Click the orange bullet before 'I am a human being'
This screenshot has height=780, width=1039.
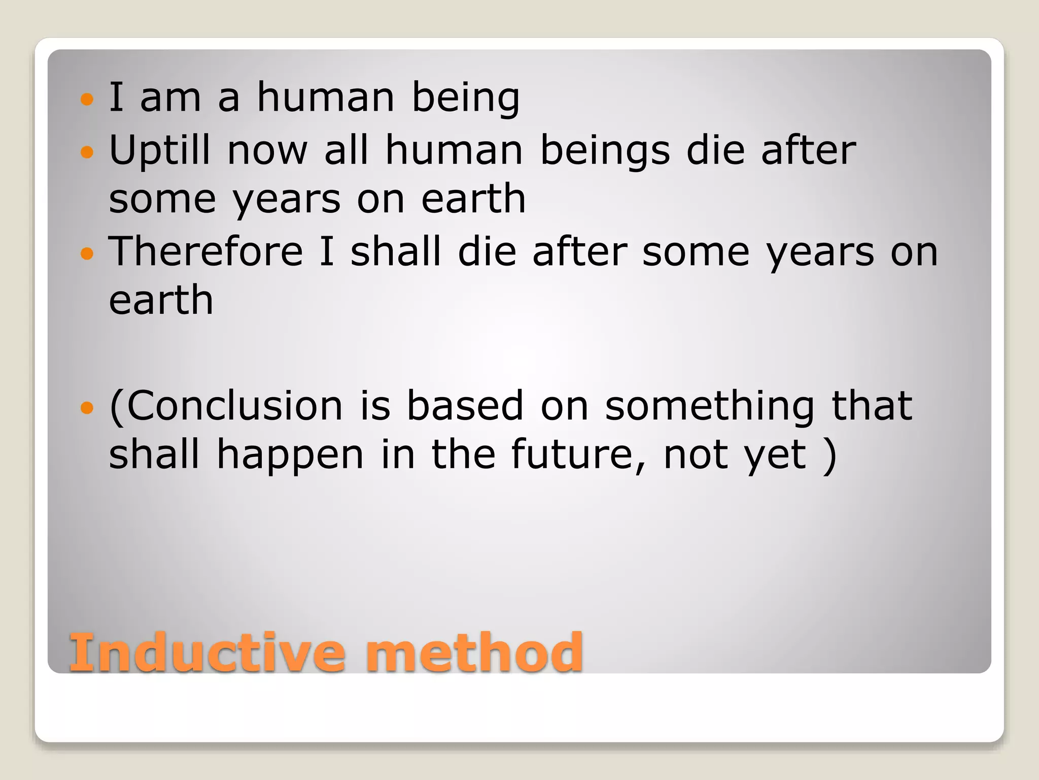coord(87,99)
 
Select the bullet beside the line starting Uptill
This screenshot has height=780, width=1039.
coord(87,151)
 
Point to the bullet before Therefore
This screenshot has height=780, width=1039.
coord(87,253)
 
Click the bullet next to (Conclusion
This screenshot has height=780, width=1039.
coord(87,407)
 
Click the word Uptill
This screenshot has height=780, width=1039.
coord(159,151)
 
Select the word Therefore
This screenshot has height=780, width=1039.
coord(206,251)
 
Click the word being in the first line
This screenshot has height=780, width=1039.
coord(465,97)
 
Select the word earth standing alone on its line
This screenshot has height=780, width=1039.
coord(161,301)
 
